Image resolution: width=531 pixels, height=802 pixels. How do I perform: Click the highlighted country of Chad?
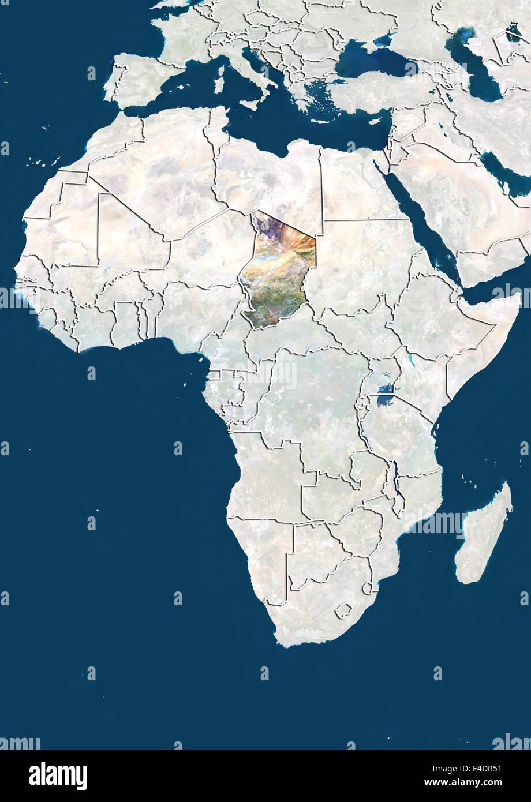coord(278,271)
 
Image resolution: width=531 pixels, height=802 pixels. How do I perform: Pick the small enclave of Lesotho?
coord(345,609)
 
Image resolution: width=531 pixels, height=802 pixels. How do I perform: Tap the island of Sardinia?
coord(219,80)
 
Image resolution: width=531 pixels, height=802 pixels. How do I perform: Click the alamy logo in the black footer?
coord(58,775)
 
